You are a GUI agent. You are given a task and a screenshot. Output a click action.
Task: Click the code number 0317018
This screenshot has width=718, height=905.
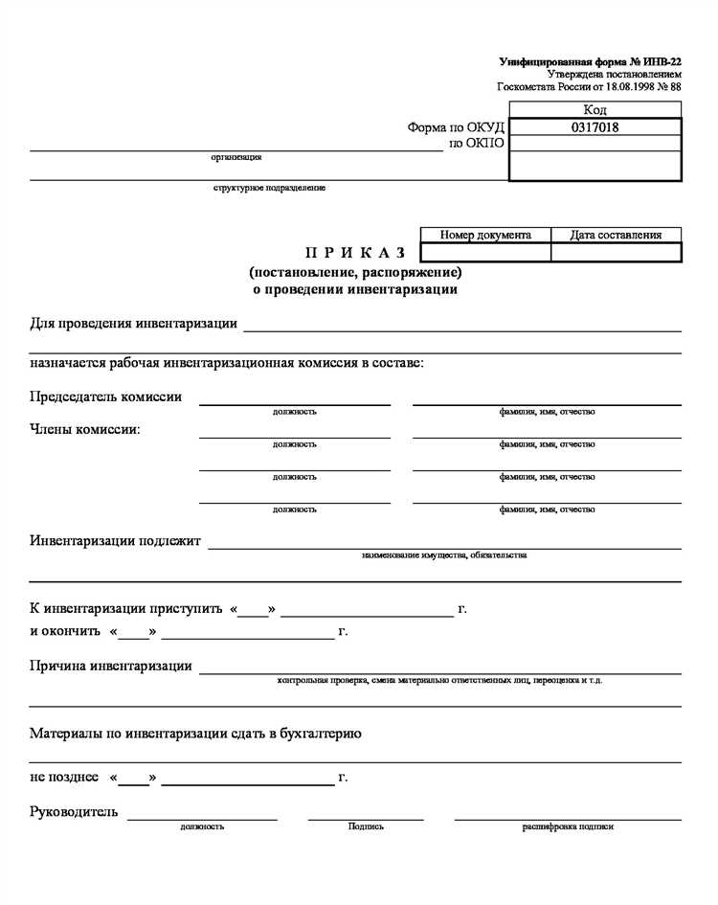click(x=595, y=126)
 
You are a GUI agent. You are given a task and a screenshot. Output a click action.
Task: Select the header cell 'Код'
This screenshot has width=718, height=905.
click(x=595, y=110)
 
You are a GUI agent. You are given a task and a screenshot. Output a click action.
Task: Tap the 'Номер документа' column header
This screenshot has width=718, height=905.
click(x=485, y=235)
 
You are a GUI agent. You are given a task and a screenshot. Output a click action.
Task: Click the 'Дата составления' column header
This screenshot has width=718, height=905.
click(x=616, y=235)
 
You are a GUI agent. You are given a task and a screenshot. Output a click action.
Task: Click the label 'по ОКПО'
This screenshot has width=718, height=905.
click(x=477, y=144)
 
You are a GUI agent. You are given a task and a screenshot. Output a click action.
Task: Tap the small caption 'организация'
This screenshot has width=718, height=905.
click(x=236, y=157)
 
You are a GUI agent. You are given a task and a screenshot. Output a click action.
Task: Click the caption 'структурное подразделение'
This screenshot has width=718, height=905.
click(x=269, y=188)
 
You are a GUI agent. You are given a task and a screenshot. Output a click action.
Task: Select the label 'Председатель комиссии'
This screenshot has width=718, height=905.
click(x=105, y=396)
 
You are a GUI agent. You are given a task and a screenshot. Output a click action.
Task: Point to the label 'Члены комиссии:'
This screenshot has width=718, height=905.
click(x=85, y=429)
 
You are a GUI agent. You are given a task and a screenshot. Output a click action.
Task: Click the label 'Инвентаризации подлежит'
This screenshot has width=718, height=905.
click(x=115, y=541)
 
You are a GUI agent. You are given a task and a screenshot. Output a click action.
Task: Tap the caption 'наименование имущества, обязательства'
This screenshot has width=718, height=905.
click(x=444, y=555)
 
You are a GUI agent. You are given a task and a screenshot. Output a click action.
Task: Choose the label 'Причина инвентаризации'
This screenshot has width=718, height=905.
click(x=111, y=666)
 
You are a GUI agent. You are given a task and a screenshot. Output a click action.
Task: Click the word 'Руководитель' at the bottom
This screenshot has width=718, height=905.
click(x=74, y=812)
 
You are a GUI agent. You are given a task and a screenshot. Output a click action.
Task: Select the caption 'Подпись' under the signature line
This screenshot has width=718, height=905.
click(x=366, y=826)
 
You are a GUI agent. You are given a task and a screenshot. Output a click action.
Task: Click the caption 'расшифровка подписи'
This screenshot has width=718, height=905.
click(x=568, y=826)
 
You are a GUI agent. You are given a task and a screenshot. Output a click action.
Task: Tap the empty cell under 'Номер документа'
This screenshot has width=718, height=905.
click(x=485, y=252)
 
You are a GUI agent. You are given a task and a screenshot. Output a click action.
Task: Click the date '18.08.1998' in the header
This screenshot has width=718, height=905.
click(x=621, y=86)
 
